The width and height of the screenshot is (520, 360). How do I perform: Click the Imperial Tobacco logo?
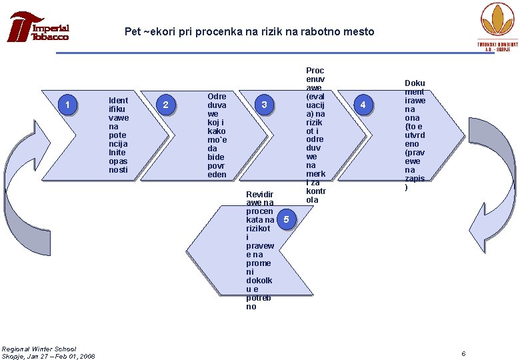tap(38, 27)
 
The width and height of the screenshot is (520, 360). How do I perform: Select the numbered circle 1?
tap(67, 104)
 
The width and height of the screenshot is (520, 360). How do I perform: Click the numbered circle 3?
tap(265, 105)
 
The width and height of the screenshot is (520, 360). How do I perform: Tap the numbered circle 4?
tap(363, 105)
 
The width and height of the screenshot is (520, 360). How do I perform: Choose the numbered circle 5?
tap(285, 219)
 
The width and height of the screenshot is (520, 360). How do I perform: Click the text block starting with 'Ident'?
tap(119, 135)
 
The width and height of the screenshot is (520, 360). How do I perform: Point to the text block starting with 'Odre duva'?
tap(217, 135)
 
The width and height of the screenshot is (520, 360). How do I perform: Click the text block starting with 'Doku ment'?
tap(415, 135)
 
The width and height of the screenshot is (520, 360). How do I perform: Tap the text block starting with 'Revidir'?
tap(259, 249)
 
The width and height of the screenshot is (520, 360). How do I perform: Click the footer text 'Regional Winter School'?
tap(39, 349)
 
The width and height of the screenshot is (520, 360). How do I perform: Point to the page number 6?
tap(463, 352)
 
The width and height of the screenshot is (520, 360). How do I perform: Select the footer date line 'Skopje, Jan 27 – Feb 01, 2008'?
tap(48, 356)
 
